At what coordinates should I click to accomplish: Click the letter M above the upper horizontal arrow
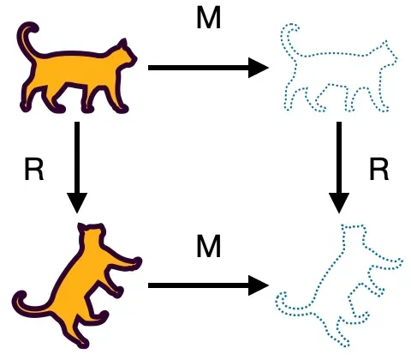pyautogui.click(x=209, y=18)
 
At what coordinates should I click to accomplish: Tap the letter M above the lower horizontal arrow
pyautogui.click(x=209, y=247)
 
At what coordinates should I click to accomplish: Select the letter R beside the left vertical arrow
pyautogui.click(x=34, y=170)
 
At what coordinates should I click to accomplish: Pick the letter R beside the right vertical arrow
pyautogui.click(x=379, y=170)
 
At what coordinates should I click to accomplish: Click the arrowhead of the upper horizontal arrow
pyautogui.click(x=259, y=68)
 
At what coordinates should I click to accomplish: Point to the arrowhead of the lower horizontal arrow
pyautogui.click(x=259, y=285)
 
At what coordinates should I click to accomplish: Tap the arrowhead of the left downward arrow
pyautogui.click(x=77, y=203)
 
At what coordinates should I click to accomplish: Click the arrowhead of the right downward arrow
pyautogui.click(x=339, y=203)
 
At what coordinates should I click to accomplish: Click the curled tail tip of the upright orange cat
pyautogui.click(x=32, y=28)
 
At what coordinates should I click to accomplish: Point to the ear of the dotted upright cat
pyautogui.click(x=385, y=45)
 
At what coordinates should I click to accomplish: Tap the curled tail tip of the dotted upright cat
pyautogui.click(x=293, y=28)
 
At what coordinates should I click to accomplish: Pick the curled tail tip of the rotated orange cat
pyautogui.click(x=20, y=297)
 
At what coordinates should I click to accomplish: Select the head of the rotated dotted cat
pyautogui.click(x=354, y=233)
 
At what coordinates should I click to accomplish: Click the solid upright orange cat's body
pyautogui.click(x=77, y=69)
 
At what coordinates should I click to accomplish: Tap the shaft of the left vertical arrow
pyautogui.click(x=77, y=158)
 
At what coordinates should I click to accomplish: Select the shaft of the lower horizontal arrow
pyautogui.click(x=199, y=285)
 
